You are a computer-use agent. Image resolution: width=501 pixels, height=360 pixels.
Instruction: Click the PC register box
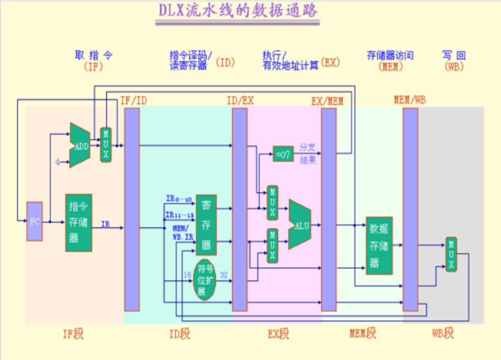click(35, 221)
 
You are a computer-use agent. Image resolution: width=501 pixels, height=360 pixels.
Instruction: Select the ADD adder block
click(79, 145)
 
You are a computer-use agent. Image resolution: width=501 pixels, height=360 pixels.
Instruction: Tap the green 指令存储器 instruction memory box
click(78, 222)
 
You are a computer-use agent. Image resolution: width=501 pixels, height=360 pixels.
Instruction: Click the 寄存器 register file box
click(206, 224)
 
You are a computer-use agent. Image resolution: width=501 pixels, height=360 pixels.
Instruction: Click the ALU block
click(300, 224)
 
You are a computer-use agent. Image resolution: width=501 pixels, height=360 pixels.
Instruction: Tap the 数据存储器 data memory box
click(379, 245)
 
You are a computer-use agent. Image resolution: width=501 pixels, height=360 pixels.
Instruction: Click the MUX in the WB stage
click(451, 254)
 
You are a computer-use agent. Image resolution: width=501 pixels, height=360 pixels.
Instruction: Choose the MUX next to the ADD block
click(106, 145)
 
